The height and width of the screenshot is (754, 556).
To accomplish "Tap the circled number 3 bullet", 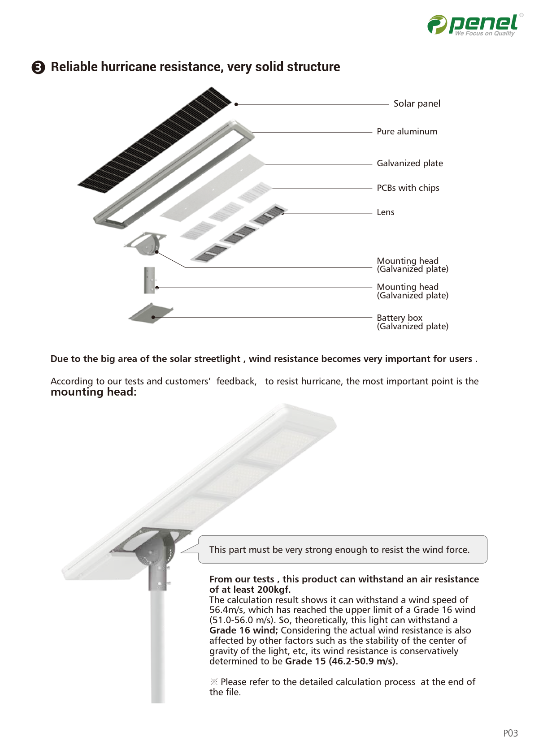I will coord(39,67).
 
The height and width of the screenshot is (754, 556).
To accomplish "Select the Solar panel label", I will coord(417,103).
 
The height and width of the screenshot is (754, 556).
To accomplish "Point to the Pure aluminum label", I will coord(407,132).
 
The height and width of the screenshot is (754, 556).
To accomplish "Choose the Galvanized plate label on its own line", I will coord(409,164).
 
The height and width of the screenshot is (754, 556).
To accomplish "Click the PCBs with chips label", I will coord(408,188).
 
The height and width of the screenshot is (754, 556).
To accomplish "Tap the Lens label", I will coord(385,212).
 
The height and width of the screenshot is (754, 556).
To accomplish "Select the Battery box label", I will coord(399,318).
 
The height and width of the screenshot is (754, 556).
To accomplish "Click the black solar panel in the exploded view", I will coord(155,140).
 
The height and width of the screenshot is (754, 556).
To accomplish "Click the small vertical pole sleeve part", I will coord(149,280).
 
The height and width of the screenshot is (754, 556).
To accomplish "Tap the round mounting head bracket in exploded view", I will coord(146,244).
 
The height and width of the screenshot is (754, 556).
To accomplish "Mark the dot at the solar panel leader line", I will coord(236,104).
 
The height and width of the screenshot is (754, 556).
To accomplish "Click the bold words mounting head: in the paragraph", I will coord(93,392).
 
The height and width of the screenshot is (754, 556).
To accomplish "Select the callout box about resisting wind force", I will coord(343,550).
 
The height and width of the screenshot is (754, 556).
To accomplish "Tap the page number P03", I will coord(510,733).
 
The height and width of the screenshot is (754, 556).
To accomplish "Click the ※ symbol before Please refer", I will coord(214,682).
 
